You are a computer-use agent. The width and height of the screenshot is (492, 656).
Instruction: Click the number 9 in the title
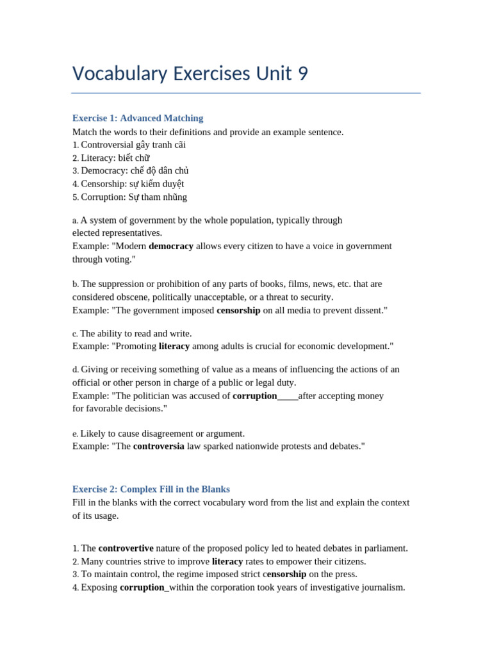tap(302, 74)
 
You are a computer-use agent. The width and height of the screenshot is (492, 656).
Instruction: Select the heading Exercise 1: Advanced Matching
tap(138, 118)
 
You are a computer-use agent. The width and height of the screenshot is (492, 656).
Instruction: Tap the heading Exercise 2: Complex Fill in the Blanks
tap(151, 489)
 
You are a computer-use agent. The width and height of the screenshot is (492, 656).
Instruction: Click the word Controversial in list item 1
tap(107, 145)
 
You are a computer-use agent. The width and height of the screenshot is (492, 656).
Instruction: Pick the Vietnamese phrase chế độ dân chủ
tap(160, 170)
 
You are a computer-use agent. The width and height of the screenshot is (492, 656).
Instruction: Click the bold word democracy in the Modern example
tap(171, 246)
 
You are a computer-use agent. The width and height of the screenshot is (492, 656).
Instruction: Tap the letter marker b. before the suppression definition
tap(76, 284)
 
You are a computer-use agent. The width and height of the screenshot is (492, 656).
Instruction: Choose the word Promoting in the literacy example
tap(134, 346)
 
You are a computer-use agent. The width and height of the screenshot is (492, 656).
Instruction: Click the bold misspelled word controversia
tap(158, 446)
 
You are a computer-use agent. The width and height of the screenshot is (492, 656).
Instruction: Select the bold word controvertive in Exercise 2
tap(126, 548)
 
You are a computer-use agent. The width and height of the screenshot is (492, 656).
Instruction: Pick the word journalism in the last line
tap(381, 587)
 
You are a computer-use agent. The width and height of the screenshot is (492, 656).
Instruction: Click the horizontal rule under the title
tap(246, 94)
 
